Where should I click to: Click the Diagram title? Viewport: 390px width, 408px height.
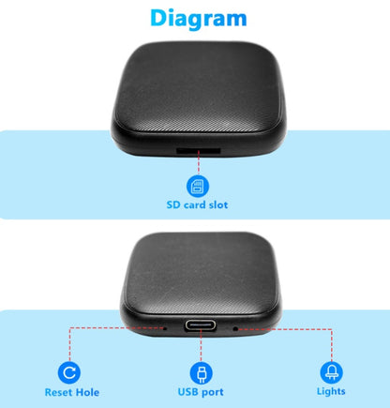point(199,18)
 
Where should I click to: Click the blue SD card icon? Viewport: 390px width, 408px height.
point(198,184)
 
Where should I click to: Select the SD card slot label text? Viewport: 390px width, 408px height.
point(197,204)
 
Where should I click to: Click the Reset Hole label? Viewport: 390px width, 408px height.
point(70,392)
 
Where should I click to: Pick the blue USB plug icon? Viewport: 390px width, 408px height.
point(198,371)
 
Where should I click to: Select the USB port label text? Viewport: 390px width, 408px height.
point(198,392)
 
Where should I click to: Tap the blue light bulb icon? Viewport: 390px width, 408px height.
point(330,371)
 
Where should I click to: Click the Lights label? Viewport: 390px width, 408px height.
point(330,392)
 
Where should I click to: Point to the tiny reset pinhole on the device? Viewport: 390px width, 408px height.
point(165,327)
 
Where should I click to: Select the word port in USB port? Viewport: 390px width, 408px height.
point(211,392)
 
